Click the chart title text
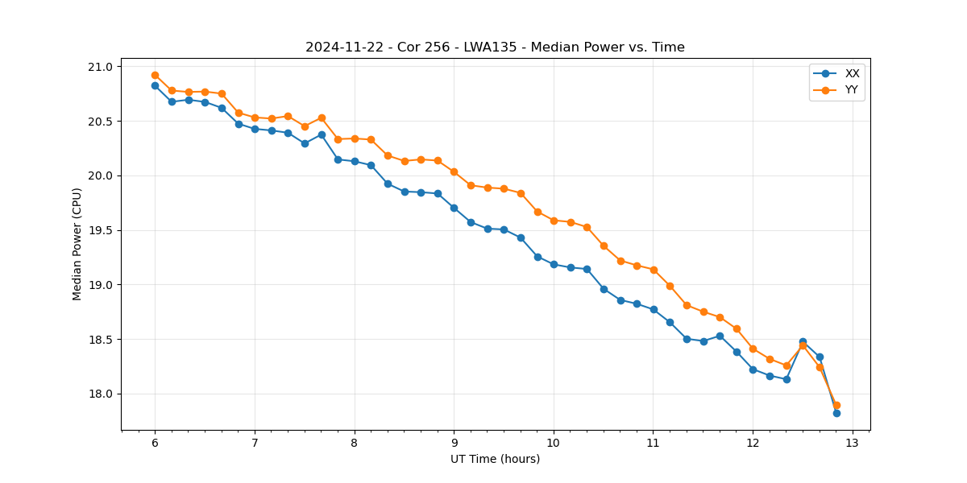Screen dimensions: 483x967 tap(495, 47)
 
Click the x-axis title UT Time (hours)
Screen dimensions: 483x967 tap(495, 459)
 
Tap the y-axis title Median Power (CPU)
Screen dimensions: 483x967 tap(77, 244)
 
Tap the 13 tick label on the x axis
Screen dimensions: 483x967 tap(853, 444)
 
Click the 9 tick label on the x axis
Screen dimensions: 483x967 tap(454, 444)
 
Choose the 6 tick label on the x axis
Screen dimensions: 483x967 tap(155, 444)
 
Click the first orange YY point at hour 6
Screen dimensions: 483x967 tap(155, 75)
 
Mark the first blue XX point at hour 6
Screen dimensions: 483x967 tap(155, 85)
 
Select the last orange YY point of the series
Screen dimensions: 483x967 tap(836, 405)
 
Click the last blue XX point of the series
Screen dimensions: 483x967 tap(836, 413)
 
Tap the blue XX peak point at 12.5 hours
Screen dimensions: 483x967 tap(803, 341)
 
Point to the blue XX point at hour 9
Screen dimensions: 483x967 tap(454, 208)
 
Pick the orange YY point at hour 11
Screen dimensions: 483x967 tap(654, 270)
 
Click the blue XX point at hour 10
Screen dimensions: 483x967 tap(554, 264)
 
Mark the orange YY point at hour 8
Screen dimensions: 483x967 tap(355, 138)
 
